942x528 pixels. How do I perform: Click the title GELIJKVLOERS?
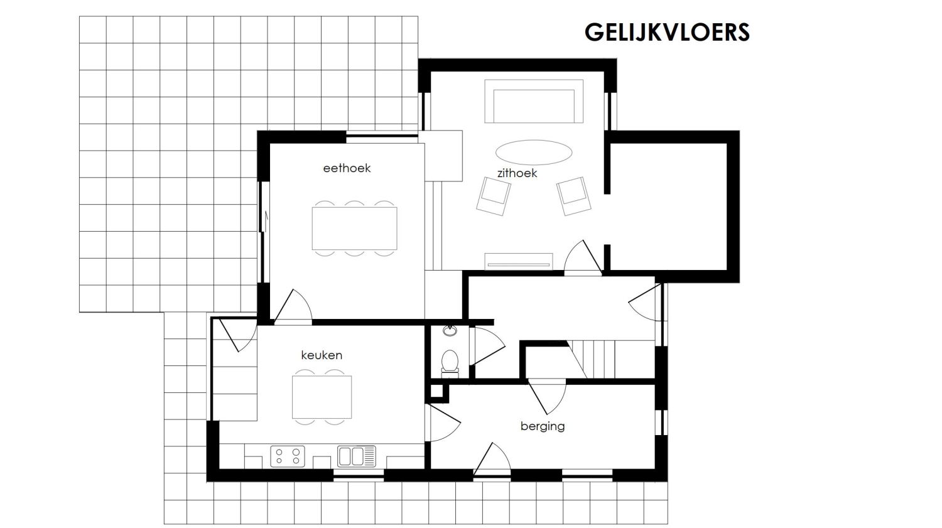point(667,32)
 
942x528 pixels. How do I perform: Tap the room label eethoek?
point(347,168)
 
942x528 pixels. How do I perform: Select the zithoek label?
point(517,173)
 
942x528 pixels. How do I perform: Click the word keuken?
point(322,355)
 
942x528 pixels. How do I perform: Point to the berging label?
point(543,426)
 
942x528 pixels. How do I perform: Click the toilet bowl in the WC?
point(450,362)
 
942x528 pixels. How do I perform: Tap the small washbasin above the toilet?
point(450,331)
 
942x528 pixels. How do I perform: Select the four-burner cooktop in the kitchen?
point(288,456)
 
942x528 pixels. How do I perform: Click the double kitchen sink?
point(356,456)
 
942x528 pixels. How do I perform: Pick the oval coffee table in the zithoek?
point(534,153)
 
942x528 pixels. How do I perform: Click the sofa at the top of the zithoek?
point(533,102)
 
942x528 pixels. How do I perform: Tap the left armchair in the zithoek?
point(494,195)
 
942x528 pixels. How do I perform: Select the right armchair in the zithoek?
point(574,195)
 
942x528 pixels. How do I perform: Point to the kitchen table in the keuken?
point(322,397)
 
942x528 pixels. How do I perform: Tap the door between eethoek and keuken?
point(291,308)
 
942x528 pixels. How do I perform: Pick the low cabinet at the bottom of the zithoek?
point(519,260)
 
